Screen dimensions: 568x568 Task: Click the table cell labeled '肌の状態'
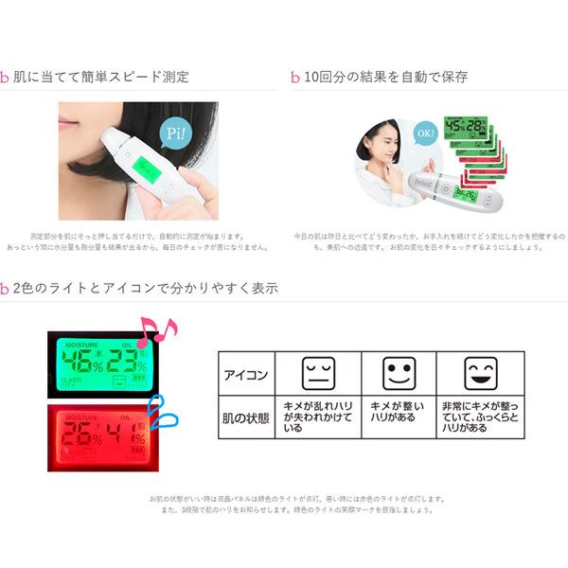tap(245, 417)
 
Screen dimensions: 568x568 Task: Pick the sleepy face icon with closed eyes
tap(317, 373)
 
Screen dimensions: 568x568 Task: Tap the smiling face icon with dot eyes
tap(398, 373)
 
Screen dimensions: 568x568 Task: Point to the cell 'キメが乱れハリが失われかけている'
tap(317, 417)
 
